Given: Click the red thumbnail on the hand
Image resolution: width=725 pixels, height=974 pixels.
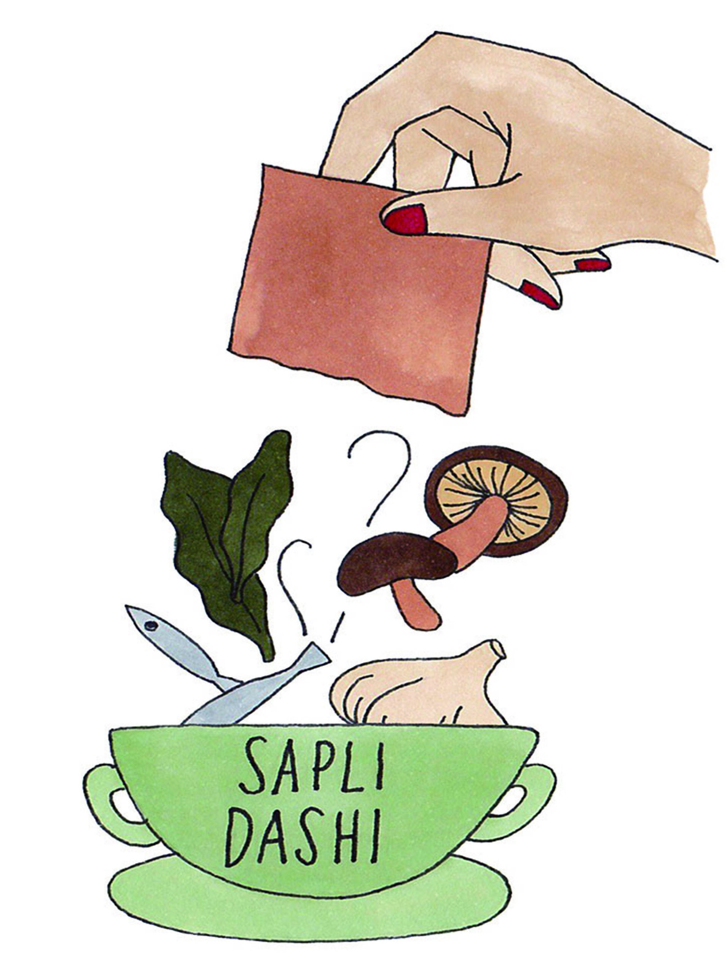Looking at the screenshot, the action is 405,220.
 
